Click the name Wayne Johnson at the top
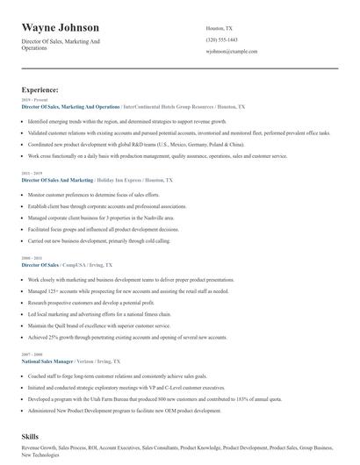pyautogui.click(x=61, y=28)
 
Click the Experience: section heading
pyautogui.click(x=40, y=89)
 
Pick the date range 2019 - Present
pyautogui.click(x=31, y=100)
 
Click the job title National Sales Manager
pyautogui.click(x=47, y=360)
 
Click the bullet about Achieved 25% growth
pyautogui.click(x=126, y=336)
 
